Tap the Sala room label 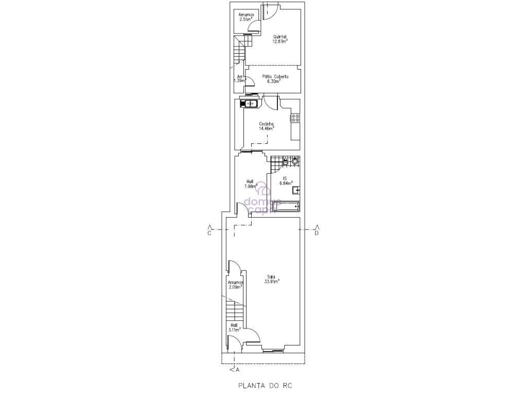click(271, 276)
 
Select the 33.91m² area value click(271, 282)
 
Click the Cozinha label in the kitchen click(266, 124)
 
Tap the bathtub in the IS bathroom click(287, 207)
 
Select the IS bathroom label click(284, 178)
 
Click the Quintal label click(279, 37)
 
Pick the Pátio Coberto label click(275, 76)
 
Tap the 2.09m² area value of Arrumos click(235, 287)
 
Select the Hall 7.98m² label click(250, 184)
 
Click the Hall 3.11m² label click(234, 327)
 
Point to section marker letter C click(209, 233)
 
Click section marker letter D click(317, 233)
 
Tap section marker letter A click(237, 369)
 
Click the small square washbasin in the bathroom click(296, 190)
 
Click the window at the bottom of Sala click(272, 351)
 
